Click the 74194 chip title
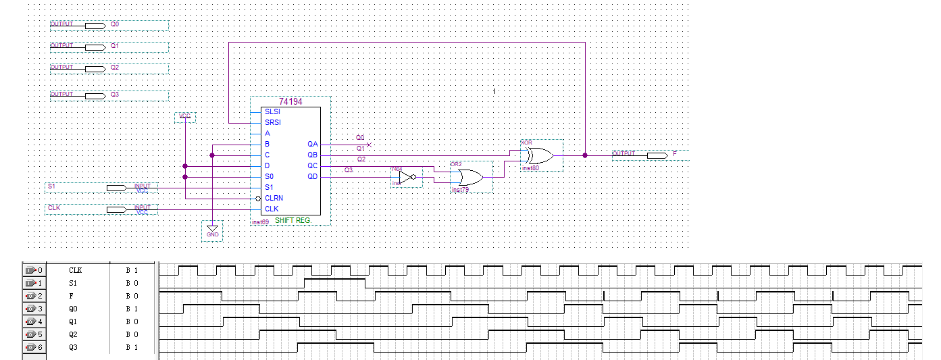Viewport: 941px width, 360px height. [x=290, y=101]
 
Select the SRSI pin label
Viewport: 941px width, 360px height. [x=273, y=122]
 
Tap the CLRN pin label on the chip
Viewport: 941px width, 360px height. [x=274, y=198]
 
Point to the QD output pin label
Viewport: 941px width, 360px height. [x=312, y=176]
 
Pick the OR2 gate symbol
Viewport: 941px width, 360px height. [x=470, y=177]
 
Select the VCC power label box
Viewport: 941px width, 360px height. [x=184, y=117]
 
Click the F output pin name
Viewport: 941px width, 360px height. [x=674, y=154]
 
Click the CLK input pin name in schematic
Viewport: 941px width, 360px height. [x=54, y=207]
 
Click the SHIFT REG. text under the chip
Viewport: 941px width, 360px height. [x=293, y=221]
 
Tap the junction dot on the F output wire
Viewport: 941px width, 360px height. [x=585, y=155]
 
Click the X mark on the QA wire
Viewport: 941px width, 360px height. [x=369, y=145]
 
